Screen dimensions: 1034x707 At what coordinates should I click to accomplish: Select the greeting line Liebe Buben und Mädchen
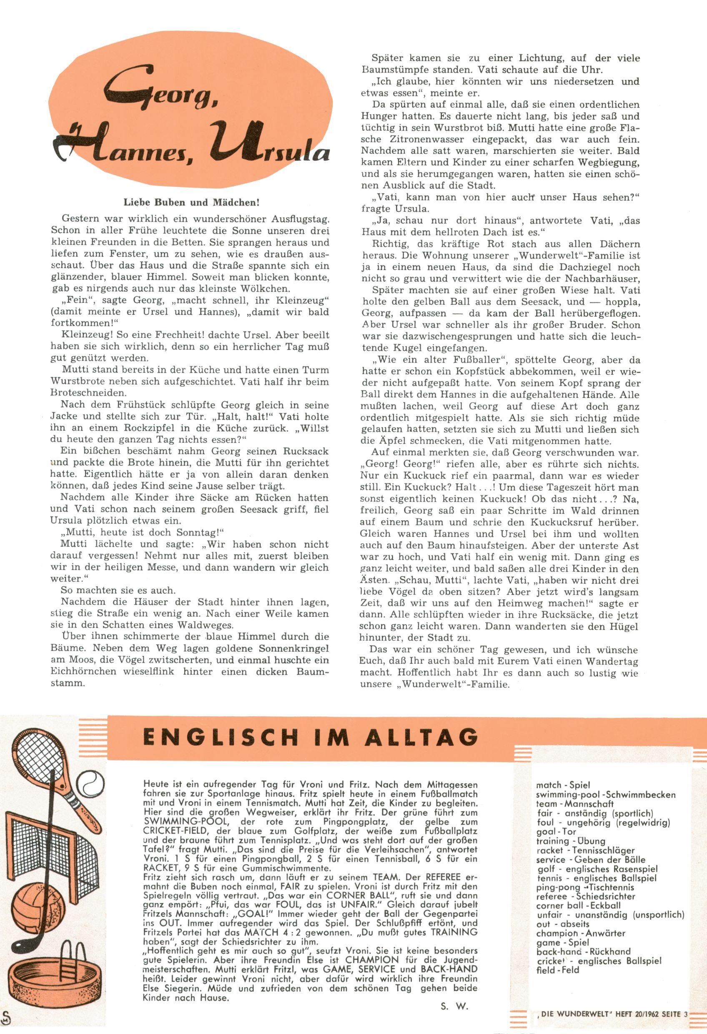click(191, 203)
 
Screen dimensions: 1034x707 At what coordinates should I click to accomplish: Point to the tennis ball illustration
click(92, 783)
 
